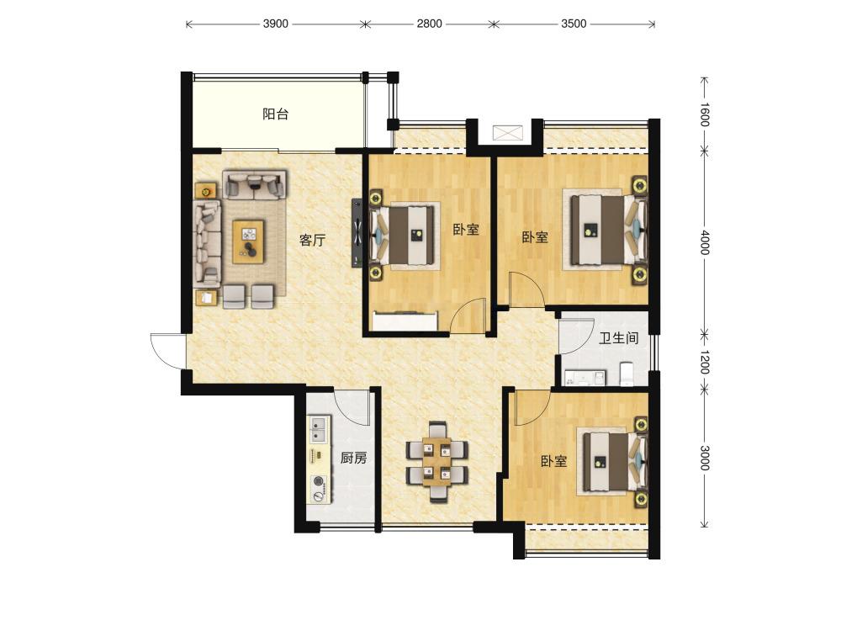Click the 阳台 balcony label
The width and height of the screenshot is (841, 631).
tap(276, 114)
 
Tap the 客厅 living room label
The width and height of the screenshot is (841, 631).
tap(313, 240)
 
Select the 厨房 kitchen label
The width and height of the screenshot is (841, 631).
tap(354, 458)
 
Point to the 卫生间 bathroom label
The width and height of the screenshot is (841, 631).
tap(619, 338)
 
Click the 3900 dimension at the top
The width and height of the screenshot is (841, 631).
tap(276, 24)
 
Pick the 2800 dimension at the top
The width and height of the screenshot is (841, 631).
tap(430, 24)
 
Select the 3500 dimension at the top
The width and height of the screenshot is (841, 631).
tap(574, 24)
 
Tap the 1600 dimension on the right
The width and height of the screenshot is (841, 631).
tap(705, 114)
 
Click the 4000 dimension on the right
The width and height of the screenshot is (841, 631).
tap(705, 242)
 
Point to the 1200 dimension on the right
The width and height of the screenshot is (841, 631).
tap(705, 362)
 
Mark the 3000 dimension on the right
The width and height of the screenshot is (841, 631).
tap(705, 458)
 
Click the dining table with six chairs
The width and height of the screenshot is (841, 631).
tap(437, 462)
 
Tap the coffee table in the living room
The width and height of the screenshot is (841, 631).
tap(248, 241)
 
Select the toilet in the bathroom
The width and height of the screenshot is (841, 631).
tap(627, 374)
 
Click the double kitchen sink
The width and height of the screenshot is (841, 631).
tap(319, 429)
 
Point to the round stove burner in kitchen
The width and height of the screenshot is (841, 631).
tap(319, 481)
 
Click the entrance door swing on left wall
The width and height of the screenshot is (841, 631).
tap(167, 352)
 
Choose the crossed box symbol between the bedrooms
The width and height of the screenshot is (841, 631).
tap(507, 133)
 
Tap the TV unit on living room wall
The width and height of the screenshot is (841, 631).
tap(357, 233)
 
